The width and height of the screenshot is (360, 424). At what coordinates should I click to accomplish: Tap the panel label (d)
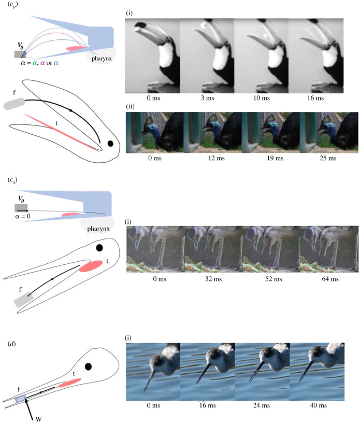coord(10,338)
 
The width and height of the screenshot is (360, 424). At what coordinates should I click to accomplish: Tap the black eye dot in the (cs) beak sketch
coord(99,249)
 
